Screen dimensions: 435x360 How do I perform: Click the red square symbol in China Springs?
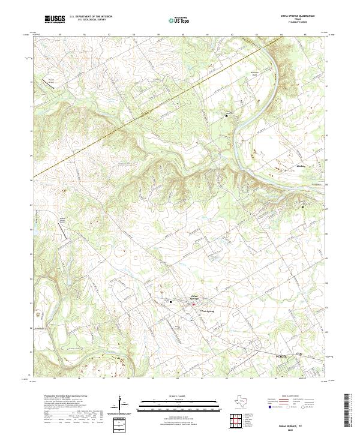[x=193, y=304]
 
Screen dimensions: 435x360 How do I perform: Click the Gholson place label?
[x=301, y=166]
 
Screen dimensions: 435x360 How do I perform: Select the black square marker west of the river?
[x=226, y=115]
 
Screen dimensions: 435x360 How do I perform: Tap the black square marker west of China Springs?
[x=170, y=301]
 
